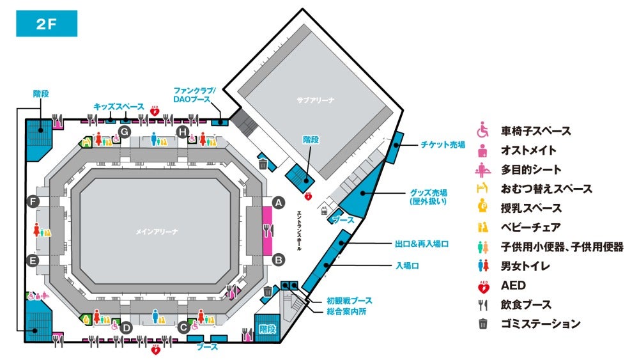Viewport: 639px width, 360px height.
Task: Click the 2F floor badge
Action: [x=47, y=24]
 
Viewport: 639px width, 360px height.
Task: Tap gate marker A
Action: [x=279, y=203]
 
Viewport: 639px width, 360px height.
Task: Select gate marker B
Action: [x=279, y=260]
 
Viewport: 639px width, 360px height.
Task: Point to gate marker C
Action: [x=183, y=327]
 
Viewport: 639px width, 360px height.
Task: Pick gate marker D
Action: [x=127, y=328]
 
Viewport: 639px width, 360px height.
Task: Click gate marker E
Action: [x=33, y=260]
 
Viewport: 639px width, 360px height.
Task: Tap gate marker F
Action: [x=33, y=201]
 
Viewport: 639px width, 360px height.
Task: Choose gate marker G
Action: [x=125, y=132]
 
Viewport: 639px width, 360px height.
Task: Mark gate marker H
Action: [x=183, y=132]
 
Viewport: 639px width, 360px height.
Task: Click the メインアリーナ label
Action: [x=157, y=231]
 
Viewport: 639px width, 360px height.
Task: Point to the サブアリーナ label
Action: [x=316, y=100]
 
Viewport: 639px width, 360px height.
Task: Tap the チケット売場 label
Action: [x=443, y=145]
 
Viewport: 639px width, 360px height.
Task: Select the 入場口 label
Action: [x=407, y=266]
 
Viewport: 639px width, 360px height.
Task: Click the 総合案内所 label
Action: [x=346, y=311]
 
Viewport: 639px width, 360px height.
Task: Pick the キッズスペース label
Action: [x=119, y=106]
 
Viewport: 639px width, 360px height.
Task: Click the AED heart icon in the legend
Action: [x=483, y=287]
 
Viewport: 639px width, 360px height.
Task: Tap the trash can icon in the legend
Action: [x=483, y=324]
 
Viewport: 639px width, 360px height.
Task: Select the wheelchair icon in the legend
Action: [x=483, y=130]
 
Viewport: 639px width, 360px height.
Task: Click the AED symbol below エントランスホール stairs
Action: [x=309, y=196]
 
